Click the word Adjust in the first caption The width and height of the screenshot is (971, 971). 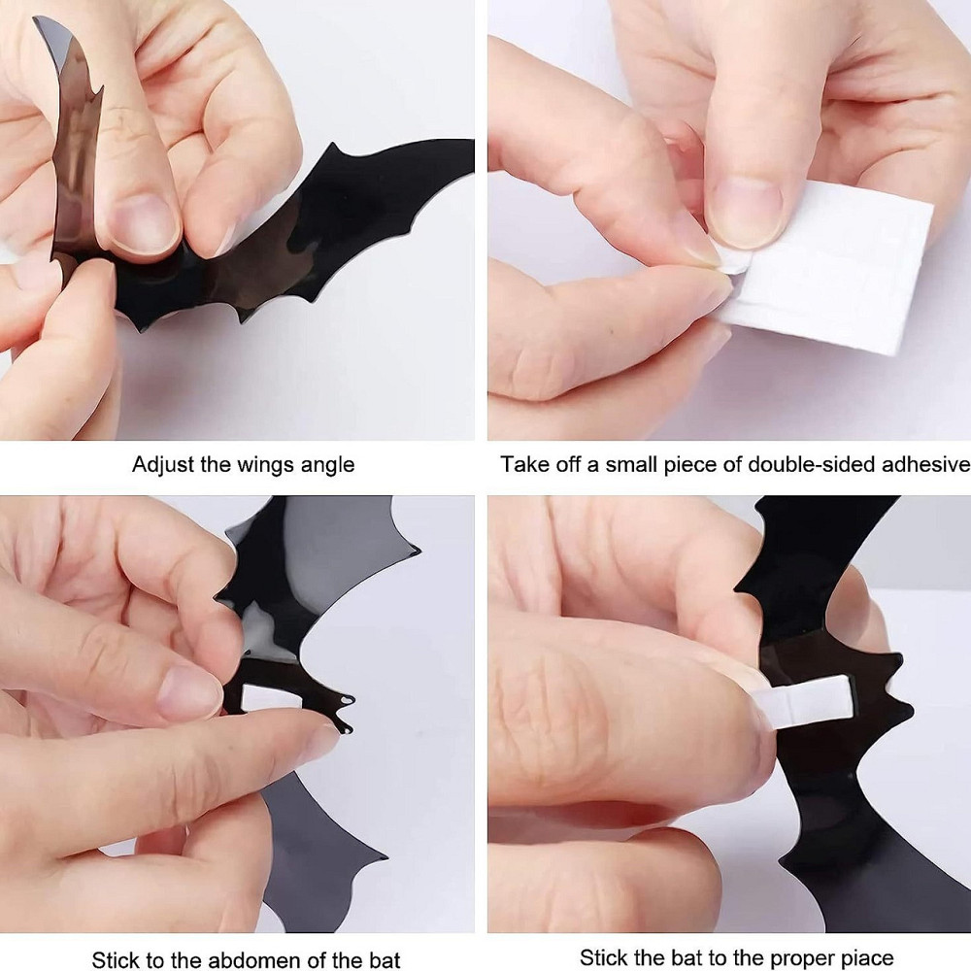pos(163,465)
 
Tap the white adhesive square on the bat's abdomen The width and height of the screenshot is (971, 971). pos(271,697)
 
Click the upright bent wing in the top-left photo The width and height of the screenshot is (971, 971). pos(71,143)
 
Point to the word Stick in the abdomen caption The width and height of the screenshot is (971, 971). pos(117,960)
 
